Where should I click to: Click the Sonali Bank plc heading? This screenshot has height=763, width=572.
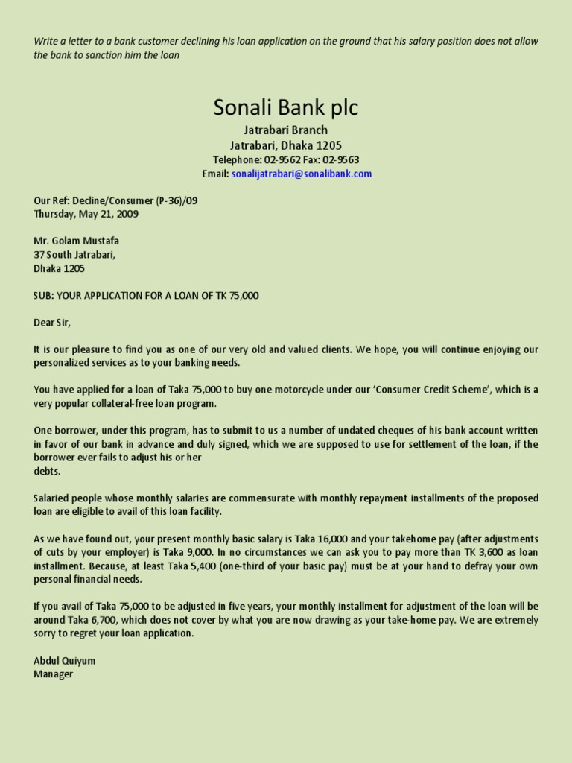click(x=286, y=108)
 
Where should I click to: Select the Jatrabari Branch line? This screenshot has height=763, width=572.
click(x=286, y=130)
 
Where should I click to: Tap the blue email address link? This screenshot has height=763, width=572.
click(x=302, y=174)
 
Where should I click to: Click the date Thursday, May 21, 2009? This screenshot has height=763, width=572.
click(x=86, y=214)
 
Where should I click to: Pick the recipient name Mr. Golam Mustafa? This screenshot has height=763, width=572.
click(x=76, y=241)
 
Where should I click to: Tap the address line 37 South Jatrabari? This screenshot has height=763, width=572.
click(x=74, y=254)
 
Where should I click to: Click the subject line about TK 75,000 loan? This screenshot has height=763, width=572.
click(x=146, y=295)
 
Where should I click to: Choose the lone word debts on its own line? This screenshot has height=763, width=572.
click(x=47, y=471)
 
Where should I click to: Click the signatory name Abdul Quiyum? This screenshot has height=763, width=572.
click(x=65, y=661)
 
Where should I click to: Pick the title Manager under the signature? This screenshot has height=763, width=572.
click(x=54, y=674)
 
